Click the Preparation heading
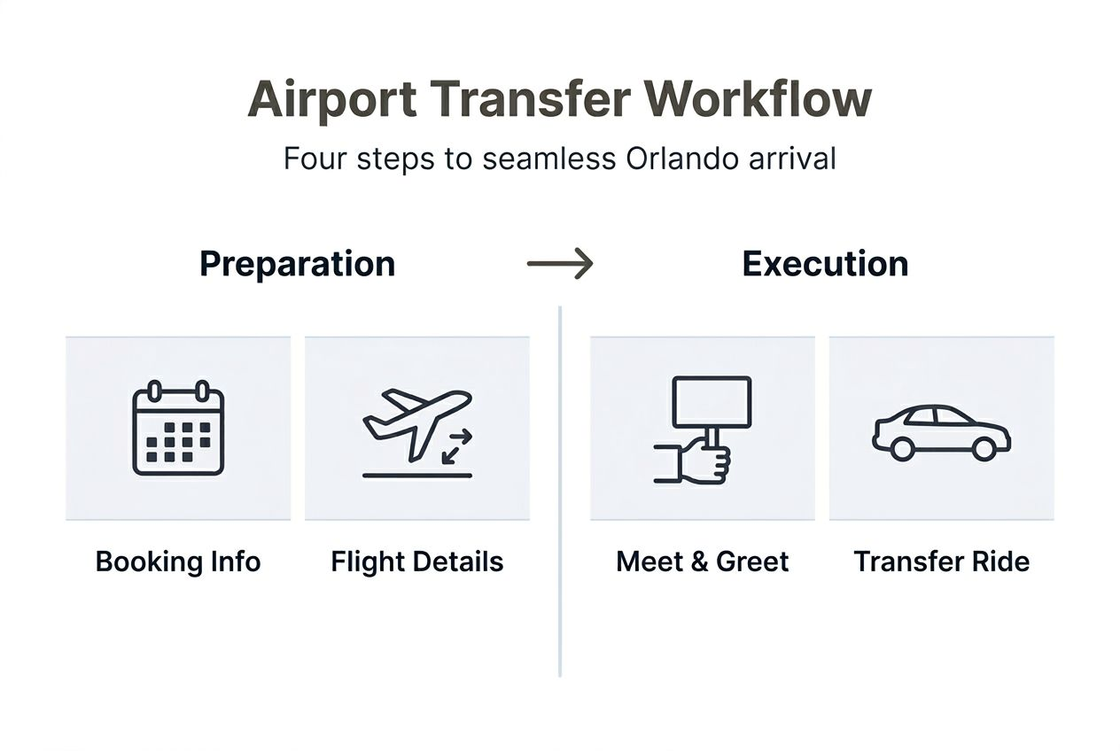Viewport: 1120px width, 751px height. tap(297, 264)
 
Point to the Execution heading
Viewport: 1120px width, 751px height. tap(825, 264)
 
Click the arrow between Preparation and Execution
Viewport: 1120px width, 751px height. tap(559, 264)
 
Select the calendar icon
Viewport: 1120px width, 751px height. tap(178, 429)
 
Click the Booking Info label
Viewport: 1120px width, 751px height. tap(178, 561)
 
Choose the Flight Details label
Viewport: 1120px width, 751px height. tap(416, 561)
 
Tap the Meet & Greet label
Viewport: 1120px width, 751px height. tap(702, 561)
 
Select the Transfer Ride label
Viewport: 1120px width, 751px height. tap(941, 561)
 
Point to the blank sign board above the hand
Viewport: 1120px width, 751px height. tap(712, 401)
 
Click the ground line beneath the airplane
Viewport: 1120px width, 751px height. tap(416, 476)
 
